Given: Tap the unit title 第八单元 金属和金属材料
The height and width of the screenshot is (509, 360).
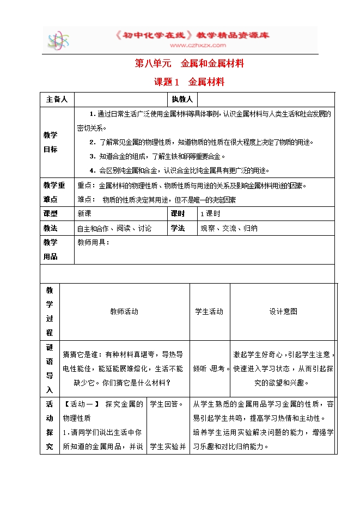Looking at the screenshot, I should [x=189, y=64].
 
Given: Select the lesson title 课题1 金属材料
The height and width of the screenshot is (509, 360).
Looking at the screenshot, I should [x=189, y=83].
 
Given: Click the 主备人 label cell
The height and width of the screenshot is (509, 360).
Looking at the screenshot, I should [x=57, y=100].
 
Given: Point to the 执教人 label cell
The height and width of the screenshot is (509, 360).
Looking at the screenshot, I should [x=182, y=100].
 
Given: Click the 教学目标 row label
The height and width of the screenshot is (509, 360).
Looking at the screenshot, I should [x=50, y=142].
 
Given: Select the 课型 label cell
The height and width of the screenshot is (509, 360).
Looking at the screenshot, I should [x=50, y=214].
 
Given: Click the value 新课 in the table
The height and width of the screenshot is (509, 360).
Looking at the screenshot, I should [x=84, y=214].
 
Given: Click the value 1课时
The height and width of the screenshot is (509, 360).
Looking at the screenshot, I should [x=210, y=214].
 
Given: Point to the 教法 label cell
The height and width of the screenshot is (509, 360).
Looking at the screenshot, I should [x=50, y=229].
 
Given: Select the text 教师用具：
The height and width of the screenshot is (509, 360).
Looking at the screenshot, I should [x=94, y=243].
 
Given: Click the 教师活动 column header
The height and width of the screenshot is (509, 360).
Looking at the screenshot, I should [x=124, y=311].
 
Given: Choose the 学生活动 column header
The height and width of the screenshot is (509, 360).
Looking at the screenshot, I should [x=209, y=311].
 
